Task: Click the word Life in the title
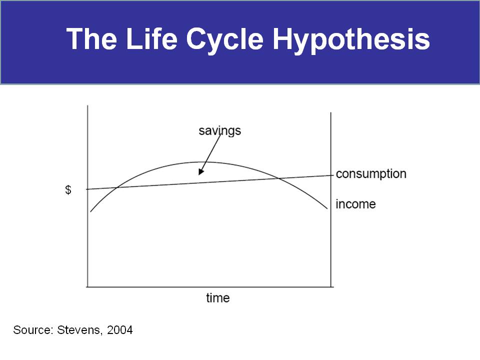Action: (151, 38)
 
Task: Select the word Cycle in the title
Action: (224, 40)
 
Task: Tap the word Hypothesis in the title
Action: (351, 40)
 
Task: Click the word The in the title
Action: (91, 38)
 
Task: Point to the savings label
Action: (220, 131)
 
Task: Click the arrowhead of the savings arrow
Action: (200, 172)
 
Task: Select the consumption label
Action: (371, 174)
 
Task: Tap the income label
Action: (355, 204)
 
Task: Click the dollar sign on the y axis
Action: (68, 190)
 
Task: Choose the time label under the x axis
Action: (217, 298)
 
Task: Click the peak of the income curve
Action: (199, 161)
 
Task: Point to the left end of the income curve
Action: (90, 211)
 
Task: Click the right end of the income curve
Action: (327, 209)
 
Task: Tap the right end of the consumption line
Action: (333, 175)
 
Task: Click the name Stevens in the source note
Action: (79, 330)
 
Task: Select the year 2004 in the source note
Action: (119, 330)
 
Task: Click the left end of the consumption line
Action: (86, 189)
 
